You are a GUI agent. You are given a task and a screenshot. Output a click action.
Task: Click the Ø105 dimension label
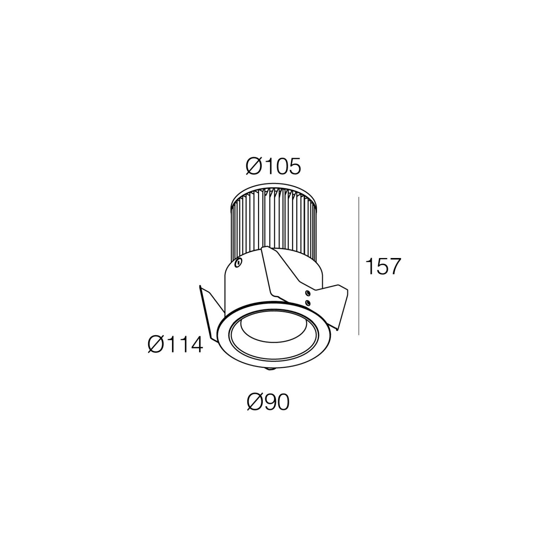[x=273, y=166]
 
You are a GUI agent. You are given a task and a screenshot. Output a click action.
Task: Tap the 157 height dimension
[x=383, y=266]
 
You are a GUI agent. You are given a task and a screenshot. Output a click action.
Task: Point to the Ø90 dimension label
[x=268, y=402]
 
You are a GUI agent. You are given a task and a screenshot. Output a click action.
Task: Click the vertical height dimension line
[x=359, y=266]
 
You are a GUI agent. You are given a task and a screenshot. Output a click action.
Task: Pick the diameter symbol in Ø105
[x=254, y=166]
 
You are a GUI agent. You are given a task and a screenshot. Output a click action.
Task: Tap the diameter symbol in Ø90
[x=255, y=402]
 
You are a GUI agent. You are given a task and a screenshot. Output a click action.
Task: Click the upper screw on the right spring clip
[x=308, y=293]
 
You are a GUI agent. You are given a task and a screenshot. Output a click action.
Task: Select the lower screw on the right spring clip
[x=308, y=302]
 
